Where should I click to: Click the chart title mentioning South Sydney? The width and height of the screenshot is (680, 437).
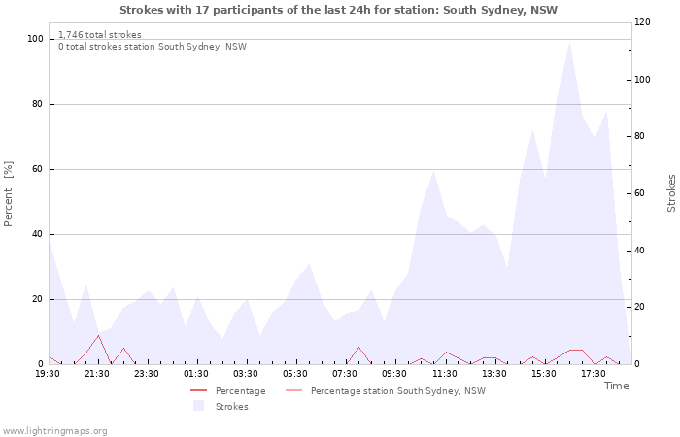tap(338, 10)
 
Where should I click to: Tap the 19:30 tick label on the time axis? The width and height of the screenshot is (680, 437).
tap(48, 374)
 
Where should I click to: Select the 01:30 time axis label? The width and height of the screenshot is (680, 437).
tap(196, 374)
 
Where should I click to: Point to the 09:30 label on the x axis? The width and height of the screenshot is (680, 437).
tap(394, 374)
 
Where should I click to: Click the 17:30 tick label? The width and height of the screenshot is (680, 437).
tap(594, 374)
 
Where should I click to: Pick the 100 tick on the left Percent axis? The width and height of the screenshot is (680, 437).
tap(36, 39)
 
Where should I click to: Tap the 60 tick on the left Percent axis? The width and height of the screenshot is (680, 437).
tap(37, 169)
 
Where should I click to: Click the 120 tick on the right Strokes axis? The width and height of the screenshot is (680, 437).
tap(642, 22)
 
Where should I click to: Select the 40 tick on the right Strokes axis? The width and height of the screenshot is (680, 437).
tap(639, 251)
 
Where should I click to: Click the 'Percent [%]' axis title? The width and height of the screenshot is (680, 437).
tap(8, 194)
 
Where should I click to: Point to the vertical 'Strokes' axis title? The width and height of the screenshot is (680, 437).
tap(671, 193)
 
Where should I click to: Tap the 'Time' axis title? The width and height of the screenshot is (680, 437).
tap(616, 386)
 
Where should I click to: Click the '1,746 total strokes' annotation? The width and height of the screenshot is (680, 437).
tap(100, 35)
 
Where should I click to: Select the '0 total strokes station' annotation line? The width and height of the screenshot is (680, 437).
tap(153, 47)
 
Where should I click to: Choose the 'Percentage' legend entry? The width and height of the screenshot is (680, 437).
tap(227, 391)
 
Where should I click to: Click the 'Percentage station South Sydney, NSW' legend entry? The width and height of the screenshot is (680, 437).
tap(386, 391)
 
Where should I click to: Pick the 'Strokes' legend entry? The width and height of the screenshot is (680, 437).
tap(221, 406)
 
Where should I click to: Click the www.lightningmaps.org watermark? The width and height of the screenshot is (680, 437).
tap(53, 431)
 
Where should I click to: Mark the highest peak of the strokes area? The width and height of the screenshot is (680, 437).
tap(569, 42)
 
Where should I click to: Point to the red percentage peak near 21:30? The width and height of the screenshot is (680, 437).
tap(99, 336)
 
